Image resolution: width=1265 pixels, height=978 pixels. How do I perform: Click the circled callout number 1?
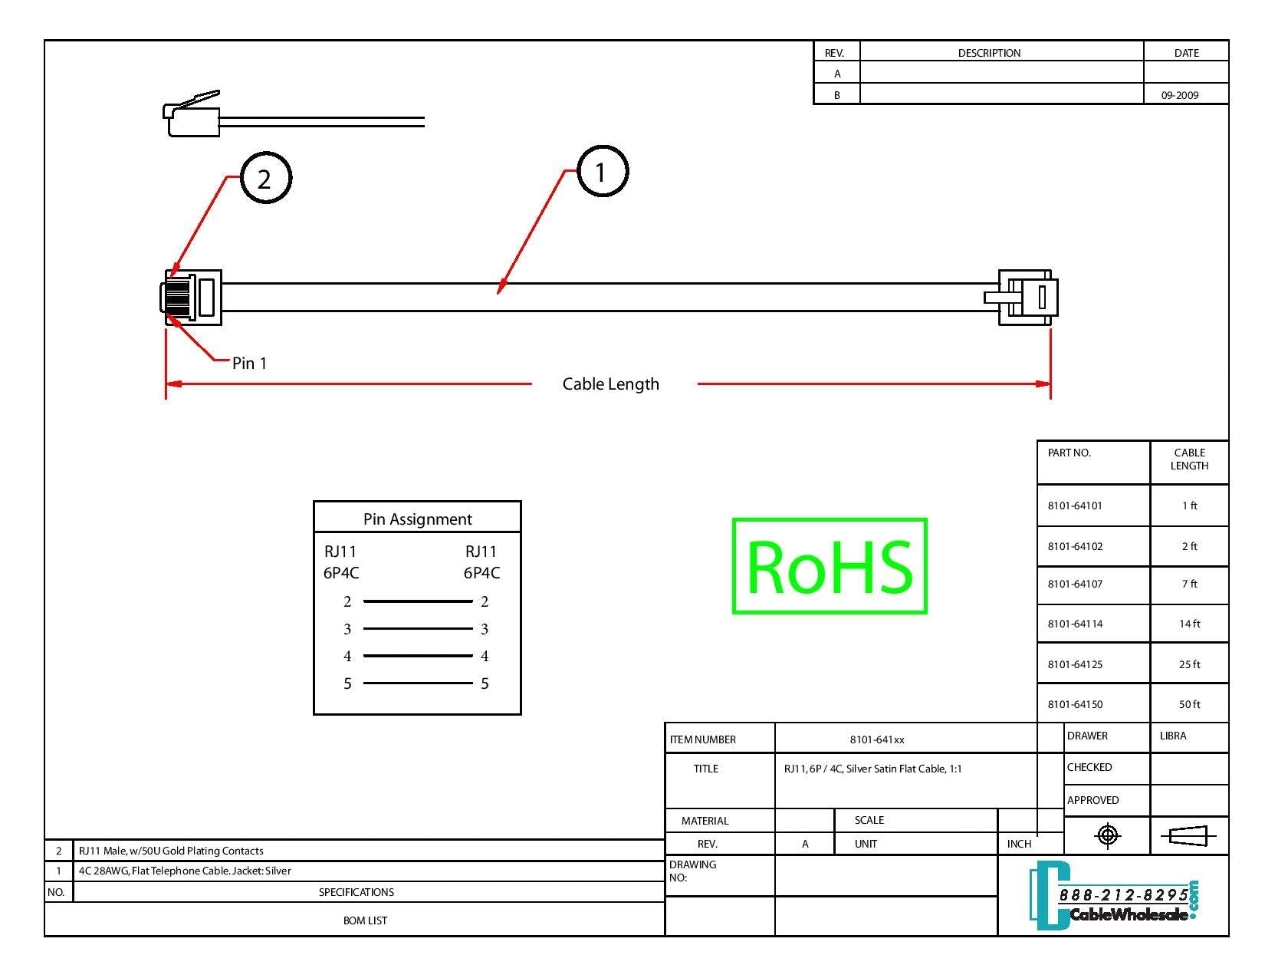[x=602, y=172]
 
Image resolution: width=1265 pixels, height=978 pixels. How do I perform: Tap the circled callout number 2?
[x=265, y=179]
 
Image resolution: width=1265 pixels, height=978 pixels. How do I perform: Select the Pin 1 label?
[x=249, y=363]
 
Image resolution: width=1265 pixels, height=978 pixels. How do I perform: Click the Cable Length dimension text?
[x=610, y=384]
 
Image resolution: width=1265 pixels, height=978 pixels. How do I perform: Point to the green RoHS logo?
[x=830, y=566]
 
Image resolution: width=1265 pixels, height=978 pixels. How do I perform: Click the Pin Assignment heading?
[x=417, y=519]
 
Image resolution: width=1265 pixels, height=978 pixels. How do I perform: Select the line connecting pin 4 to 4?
[x=417, y=656]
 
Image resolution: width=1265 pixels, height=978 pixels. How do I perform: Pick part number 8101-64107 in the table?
[x=1075, y=584]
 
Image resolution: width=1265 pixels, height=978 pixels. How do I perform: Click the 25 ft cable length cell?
[x=1189, y=664]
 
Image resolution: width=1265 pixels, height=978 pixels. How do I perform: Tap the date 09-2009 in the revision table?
[x=1179, y=95]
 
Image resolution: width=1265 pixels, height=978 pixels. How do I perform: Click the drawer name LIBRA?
[x=1172, y=736]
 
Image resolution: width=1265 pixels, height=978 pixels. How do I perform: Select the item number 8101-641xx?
[x=876, y=739]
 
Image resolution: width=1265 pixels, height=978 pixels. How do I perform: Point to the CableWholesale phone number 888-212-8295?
[x=1122, y=895]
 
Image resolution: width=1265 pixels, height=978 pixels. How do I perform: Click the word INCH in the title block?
[x=1019, y=844]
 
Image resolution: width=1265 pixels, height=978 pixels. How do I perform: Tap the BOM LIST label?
[x=365, y=920]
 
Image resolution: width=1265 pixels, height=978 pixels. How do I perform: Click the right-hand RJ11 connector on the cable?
[x=1026, y=297]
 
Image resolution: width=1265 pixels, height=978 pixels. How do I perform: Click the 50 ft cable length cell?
[x=1189, y=704]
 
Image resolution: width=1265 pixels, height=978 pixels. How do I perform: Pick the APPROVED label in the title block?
[x=1092, y=800]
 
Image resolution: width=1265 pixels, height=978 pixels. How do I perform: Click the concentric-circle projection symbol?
[x=1107, y=835]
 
